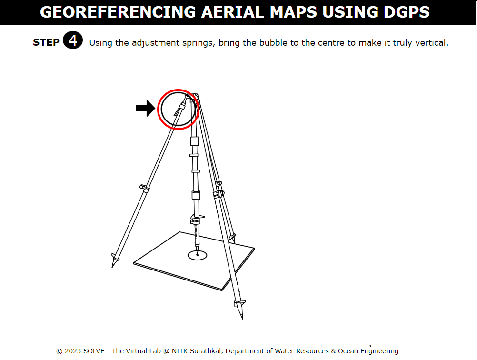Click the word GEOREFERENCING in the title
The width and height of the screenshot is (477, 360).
coord(118,12)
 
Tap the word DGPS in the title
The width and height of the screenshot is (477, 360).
coord(407,12)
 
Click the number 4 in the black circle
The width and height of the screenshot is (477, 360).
coord(73,40)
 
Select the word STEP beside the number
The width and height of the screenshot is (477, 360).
coord(46,42)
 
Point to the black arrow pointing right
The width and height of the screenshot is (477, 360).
coord(145,108)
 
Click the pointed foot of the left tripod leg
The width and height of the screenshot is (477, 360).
coord(114,262)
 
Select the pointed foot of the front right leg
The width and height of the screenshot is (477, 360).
coord(240,310)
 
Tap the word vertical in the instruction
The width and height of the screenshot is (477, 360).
coord(432,42)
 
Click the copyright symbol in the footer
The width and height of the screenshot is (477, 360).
coord(60,351)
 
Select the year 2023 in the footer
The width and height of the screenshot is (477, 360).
coord(73,351)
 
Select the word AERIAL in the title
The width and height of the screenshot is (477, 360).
coord(233,12)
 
